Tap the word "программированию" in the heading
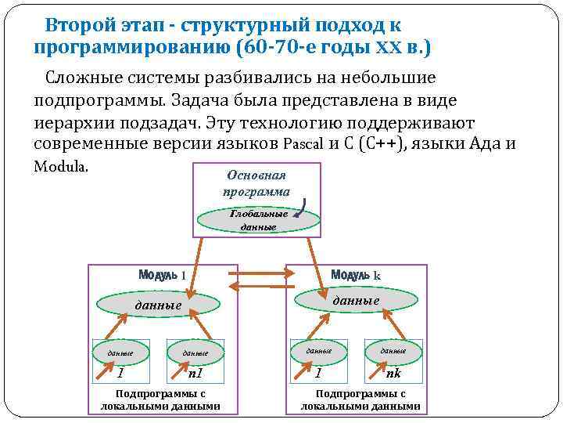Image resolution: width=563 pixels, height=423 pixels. (134, 49)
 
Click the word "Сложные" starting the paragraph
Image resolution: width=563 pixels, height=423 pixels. (82, 78)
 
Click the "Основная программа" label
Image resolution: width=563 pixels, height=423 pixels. (256, 183)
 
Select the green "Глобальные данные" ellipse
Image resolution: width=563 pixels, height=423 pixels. (258, 220)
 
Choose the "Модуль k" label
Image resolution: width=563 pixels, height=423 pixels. (355, 275)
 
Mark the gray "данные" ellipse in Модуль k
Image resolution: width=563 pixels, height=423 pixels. (355, 300)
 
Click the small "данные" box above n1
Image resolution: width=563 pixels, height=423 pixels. (195, 352)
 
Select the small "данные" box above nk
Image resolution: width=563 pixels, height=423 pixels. (393, 351)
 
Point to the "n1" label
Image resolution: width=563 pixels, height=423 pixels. (195, 373)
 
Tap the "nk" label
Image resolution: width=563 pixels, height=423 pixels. (393, 373)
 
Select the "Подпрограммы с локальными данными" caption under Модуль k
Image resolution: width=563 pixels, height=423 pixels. (360, 399)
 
